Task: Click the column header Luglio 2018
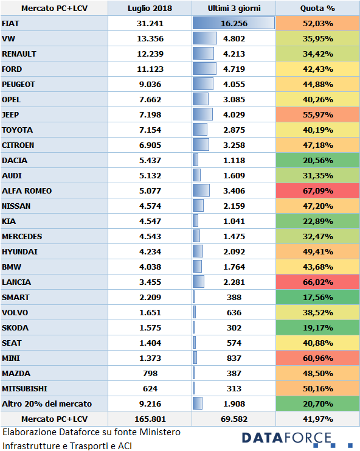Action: coord(150,9)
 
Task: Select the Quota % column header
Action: coord(317,9)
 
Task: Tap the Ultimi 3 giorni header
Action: coord(234,9)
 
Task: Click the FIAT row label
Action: coord(10,24)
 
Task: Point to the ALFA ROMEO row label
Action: coord(27,191)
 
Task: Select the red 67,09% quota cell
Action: coord(318,191)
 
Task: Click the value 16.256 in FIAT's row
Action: coord(234,24)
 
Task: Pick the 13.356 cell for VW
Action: coord(150,39)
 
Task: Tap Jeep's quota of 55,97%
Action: coord(318,115)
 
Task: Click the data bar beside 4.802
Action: coord(204,38)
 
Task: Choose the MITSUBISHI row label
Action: coord(24,389)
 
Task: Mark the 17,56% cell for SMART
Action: coord(318,298)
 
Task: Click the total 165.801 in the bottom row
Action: coord(150,419)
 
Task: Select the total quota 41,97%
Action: coord(318,419)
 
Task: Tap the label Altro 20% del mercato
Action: coord(47,404)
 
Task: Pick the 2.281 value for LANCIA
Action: coord(234,282)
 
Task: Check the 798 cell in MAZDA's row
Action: coord(150,374)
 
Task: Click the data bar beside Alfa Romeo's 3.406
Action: coord(201,191)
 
